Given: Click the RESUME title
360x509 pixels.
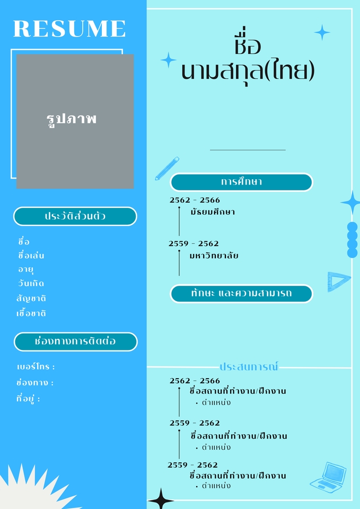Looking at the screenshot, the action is point(69,29).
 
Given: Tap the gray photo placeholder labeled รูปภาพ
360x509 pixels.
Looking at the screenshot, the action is point(75,121).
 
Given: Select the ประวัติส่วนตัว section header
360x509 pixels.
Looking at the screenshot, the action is point(75,216).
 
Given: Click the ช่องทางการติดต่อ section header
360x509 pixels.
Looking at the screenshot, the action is point(75,341).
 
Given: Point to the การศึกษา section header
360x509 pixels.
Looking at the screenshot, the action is point(241,182).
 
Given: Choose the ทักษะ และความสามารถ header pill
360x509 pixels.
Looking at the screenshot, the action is point(241,293).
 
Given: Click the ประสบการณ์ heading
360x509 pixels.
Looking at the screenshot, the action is point(249,366).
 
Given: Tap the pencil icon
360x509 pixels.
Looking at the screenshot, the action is point(166,168).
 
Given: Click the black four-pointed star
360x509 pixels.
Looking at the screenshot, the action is point(161,499).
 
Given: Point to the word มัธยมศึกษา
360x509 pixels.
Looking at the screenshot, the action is point(213,212).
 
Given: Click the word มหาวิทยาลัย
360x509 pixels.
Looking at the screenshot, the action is point(214,256).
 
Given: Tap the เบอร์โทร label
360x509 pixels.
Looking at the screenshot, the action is point(36,367).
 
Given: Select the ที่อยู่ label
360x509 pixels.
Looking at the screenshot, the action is point(28,399).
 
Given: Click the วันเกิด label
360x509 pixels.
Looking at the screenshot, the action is point(31,284).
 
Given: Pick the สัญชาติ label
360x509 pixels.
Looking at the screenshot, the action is point(31,298).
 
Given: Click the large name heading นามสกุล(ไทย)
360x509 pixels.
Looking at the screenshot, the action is point(248,71).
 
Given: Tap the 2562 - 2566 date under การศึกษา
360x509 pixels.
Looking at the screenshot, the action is point(195,200).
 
